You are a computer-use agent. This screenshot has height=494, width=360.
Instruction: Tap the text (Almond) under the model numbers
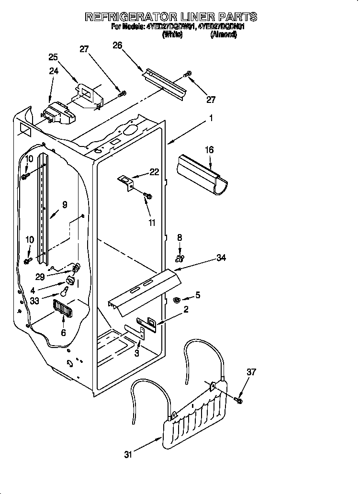click(223, 35)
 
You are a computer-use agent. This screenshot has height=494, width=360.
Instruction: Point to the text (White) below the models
click(172, 35)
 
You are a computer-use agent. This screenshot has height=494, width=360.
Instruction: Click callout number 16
click(209, 150)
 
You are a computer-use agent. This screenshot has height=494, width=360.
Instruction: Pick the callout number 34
click(221, 258)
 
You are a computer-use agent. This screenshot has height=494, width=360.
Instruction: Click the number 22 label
click(154, 172)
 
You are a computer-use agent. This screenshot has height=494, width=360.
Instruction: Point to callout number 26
click(117, 45)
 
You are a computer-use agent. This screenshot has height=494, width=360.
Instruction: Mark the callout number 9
click(65, 204)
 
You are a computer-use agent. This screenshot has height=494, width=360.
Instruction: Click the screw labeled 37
click(238, 399)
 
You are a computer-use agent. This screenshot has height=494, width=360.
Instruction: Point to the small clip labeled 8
click(180, 259)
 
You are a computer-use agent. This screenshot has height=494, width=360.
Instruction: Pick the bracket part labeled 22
click(126, 182)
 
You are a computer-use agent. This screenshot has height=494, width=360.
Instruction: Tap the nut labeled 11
click(148, 196)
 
